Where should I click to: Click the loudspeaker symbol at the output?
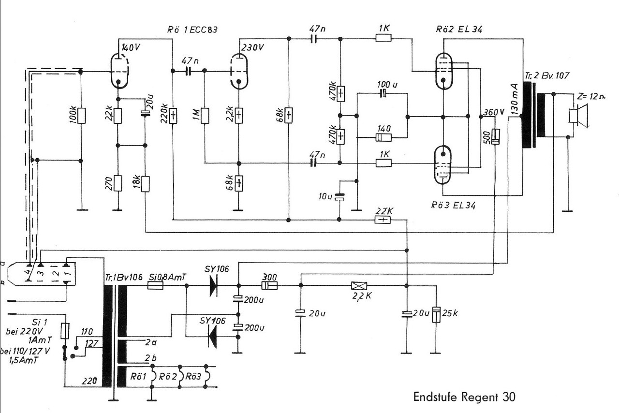[x=578, y=116]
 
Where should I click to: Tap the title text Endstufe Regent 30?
[x=464, y=397]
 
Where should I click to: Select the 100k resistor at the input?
[x=81, y=116]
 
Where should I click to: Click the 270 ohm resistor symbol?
[x=118, y=183]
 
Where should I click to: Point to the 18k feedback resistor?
[x=146, y=184]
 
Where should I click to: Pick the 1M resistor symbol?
[x=205, y=116]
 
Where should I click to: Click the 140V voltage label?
[x=131, y=47]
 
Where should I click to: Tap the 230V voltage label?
[x=252, y=47]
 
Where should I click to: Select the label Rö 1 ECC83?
[x=192, y=29]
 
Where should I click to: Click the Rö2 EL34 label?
[x=459, y=29]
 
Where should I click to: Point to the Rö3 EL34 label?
[x=453, y=205]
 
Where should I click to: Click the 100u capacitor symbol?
[x=383, y=93]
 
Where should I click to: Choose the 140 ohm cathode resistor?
[x=383, y=137]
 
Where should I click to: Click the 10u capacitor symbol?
[x=339, y=197]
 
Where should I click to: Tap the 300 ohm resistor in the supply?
[x=269, y=285]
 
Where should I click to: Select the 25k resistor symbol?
[x=436, y=315]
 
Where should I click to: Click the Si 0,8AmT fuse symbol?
[x=155, y=285]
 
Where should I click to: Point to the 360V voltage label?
[x=494, y=112]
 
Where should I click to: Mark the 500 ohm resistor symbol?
[x=496, y=136]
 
